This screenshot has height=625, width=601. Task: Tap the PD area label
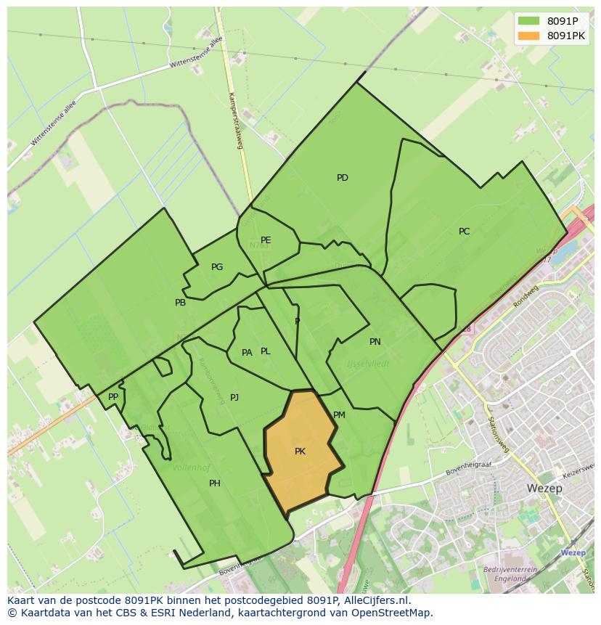pos(343,178)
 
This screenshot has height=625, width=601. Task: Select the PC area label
pos(464,232)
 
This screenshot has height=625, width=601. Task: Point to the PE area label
pos(266,240)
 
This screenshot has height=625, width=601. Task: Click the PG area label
pos(217,267)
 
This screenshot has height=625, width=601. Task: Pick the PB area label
pos(180,303)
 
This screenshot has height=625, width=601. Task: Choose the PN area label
pos(375,342)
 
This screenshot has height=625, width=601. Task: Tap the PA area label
pos(247,353)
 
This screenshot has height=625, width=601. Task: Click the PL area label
pos(266,351)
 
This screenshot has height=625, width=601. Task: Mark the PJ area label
pos(234,398)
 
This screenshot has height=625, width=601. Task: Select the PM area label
pos(339,415)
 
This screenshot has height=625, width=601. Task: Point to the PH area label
pos(215,483)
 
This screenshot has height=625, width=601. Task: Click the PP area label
pos(113,397)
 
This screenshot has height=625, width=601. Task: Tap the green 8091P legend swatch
pos(528,20)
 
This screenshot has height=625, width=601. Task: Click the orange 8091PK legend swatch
pos(528,36)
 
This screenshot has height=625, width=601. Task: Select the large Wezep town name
pos(546,489)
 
